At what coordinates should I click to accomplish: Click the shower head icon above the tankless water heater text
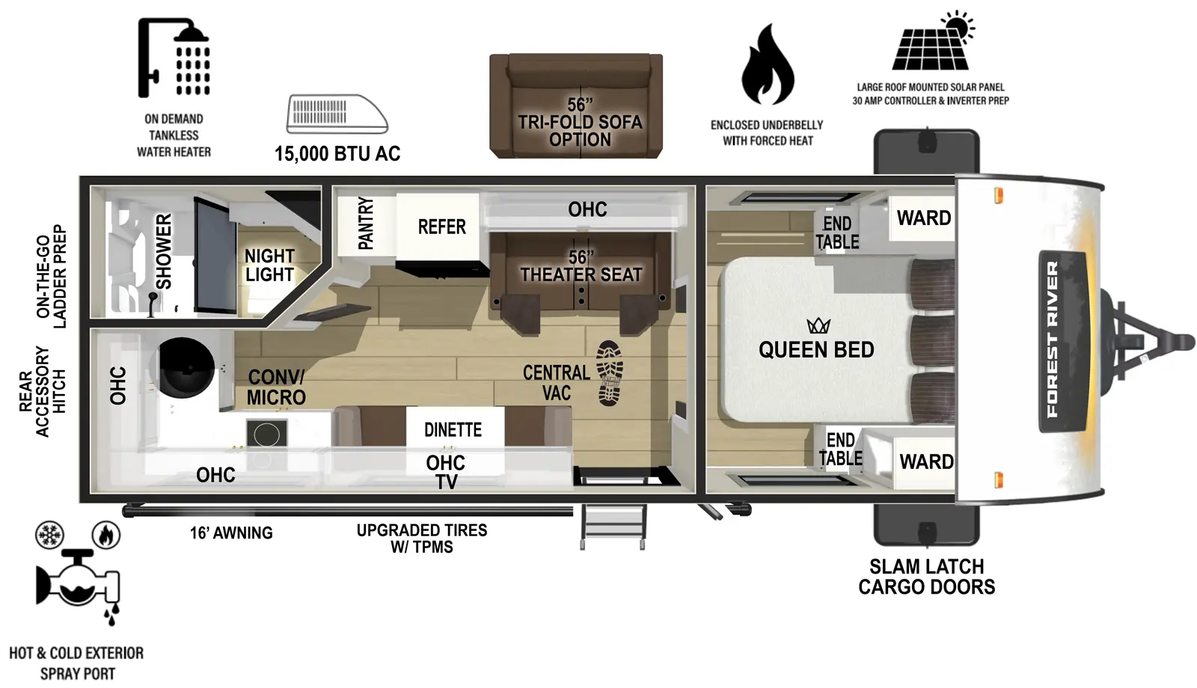pos(174,58)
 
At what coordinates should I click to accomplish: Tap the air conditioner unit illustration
pos(337,114)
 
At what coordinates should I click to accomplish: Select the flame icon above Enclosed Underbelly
pos(767,64)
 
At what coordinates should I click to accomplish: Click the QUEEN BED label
pos(816,350)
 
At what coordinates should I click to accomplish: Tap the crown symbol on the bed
pos(818,325)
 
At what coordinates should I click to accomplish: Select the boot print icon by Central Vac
pos(610,374)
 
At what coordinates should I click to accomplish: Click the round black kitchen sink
pos(184,367)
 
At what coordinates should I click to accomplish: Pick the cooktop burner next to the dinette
pos(267,434)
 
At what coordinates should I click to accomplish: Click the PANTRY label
pos(365,223)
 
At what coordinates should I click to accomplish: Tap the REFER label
pos(441,227)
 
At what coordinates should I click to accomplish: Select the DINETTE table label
pos(453,430)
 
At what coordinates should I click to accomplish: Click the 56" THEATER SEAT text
pos(581,267)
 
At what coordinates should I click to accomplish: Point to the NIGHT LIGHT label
pos(269,265)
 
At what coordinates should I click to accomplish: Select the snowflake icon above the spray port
pos(50,535)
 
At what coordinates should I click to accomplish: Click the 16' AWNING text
pos(231,533)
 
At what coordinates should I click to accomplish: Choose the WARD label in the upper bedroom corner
pos(923,218)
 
